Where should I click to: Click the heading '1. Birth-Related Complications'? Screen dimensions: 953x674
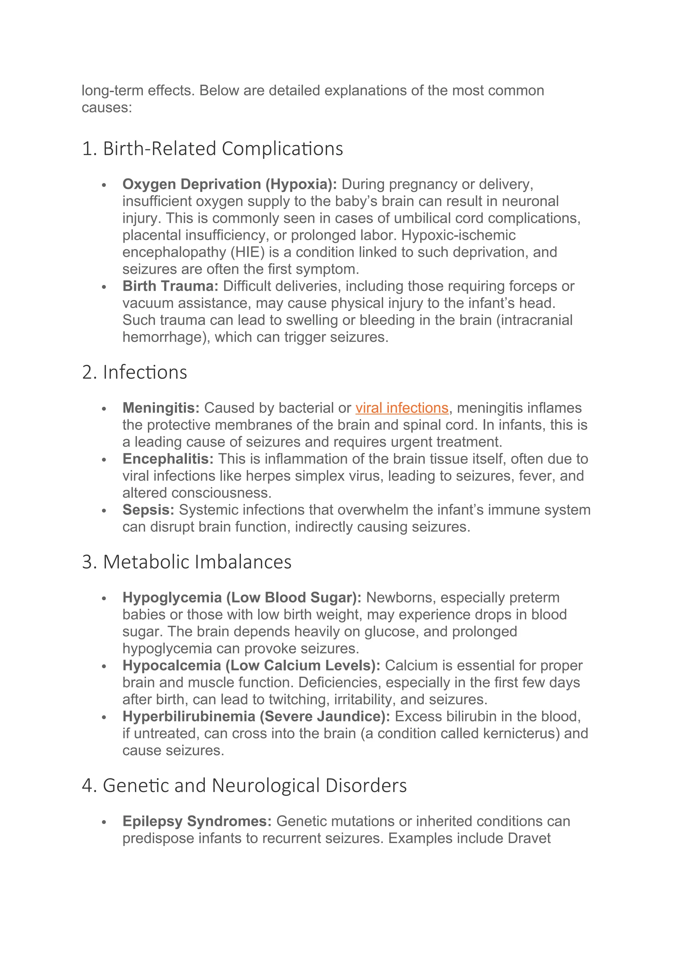(x=213, y=149)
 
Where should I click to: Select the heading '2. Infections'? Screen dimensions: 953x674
(x=135, y=372)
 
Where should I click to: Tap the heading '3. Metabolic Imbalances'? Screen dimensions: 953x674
(x=187, y=562)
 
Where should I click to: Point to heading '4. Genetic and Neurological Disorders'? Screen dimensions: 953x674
(x=244, y=786)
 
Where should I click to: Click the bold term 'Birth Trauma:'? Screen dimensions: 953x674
(x=170, y=286)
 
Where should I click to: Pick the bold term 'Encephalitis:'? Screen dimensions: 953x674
(x=168, y=459)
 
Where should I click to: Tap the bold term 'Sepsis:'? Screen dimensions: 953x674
(x=148, y=510)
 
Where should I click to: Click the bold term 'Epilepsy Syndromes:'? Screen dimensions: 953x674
(x=197, y=821)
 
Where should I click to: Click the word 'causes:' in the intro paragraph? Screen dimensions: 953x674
(x=107, y=108)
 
